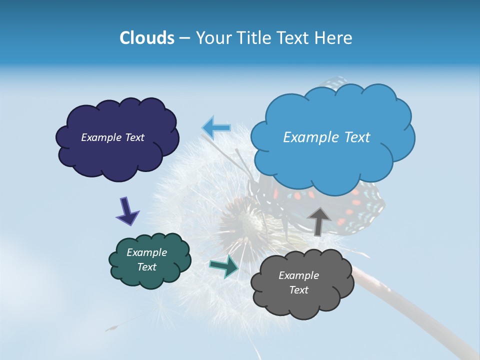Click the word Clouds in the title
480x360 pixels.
point(146,38)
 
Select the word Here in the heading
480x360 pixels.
point(334,38)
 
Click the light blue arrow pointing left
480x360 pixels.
point(216,127)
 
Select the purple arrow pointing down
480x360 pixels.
point(127,211)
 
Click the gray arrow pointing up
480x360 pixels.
point(318,220)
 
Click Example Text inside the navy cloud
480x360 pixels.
point(112,137)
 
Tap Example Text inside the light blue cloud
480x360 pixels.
point(326,137)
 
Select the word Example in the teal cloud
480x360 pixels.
point(146,252)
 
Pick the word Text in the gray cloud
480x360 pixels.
point(298,290)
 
